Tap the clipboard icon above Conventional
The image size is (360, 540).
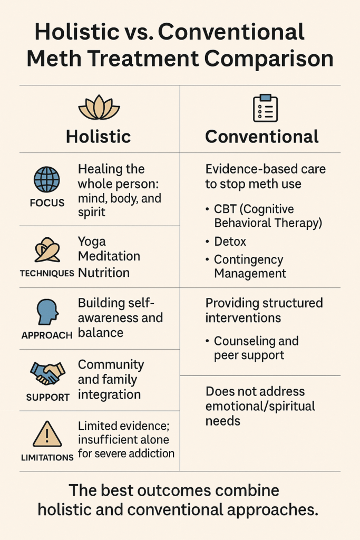pos(265,108)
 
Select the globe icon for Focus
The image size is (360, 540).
pos(47,179)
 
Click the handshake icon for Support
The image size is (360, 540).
pos(47,373)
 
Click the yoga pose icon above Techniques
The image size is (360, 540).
pos(47,250)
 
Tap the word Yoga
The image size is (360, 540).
pos(92,242)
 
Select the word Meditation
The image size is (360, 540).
pos(109,257)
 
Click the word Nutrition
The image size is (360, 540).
pos(103,273)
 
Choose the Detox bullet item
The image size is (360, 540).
pos(230,242)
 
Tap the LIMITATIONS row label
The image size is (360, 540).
pos(47,458)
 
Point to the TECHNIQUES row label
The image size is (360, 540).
pos(46,274)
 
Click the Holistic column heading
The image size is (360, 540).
pos(99,137)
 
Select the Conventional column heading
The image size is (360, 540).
pos(262,137)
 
